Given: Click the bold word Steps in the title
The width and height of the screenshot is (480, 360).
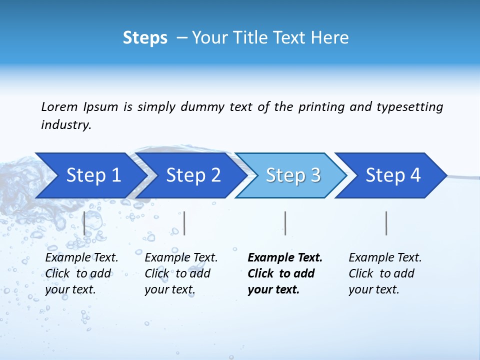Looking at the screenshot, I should pos(145,38).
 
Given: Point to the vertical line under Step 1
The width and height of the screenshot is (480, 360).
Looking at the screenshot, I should pos(84,223).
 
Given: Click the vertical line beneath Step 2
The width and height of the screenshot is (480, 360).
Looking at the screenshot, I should pos(184,223).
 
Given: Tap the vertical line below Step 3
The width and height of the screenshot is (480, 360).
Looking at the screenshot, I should pos(285,223).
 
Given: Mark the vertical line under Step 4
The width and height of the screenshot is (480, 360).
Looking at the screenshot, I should pos(386,223).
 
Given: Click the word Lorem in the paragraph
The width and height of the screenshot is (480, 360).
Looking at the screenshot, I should pos(59,107).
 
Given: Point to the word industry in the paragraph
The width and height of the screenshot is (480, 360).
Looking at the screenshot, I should pos(65,125).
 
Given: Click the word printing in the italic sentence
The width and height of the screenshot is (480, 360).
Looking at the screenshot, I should pos(321,107).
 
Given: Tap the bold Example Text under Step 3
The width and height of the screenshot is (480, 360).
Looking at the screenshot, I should pos(285,258).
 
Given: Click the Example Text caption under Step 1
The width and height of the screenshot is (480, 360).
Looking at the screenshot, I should pos(81,258).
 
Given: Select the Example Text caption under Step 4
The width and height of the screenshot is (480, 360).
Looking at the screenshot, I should pos(385,258).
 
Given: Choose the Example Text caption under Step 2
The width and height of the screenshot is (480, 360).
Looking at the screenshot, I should pos(181,258).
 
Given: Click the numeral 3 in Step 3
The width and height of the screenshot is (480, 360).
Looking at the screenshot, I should pos(315,175).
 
